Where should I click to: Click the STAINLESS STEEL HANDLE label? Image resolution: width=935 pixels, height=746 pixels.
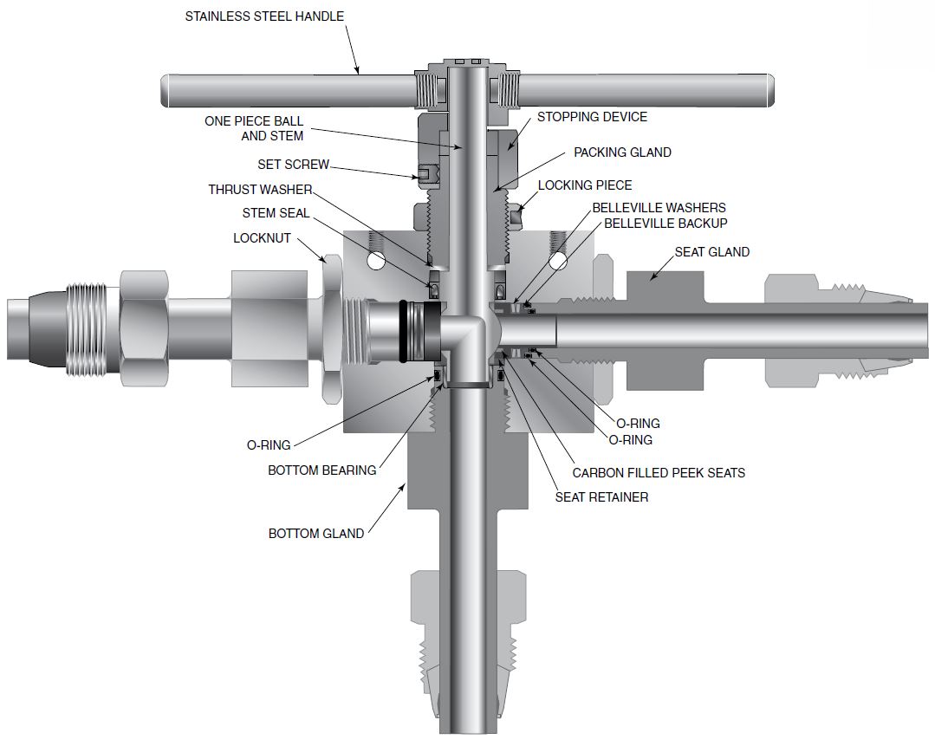(x=264, y=16)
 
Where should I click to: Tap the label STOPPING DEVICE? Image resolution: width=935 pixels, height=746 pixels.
(x=592, y=117)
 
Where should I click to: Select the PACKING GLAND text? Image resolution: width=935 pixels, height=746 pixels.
(x=622, y=152)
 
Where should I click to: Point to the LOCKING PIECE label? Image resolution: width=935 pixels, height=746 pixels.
(x=585, y=185)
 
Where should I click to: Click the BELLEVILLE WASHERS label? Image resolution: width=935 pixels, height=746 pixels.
(x=659, y=208)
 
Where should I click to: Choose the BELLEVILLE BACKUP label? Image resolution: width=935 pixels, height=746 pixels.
(x=666, y=223)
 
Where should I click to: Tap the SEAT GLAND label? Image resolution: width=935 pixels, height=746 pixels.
(x=712, y=252)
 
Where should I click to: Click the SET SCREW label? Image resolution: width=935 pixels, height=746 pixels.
(x=293, y=165)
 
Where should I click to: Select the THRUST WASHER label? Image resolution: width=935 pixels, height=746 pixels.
(x=260, y=190)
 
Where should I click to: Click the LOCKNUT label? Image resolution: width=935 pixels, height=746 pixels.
(x=262, y=237)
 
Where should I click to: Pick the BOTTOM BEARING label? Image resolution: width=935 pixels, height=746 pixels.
(x=321, y=470)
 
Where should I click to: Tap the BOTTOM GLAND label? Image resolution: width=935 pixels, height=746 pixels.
(x=315, y=534)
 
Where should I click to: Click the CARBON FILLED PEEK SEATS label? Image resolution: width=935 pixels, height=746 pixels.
(x=659, y=473)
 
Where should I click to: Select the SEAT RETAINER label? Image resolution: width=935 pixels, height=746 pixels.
(x=601, y=497)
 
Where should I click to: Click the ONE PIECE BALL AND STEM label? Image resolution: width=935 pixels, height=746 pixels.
(x=254, y=128)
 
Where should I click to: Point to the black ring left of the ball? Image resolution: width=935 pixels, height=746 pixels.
(x=406, y=331)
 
